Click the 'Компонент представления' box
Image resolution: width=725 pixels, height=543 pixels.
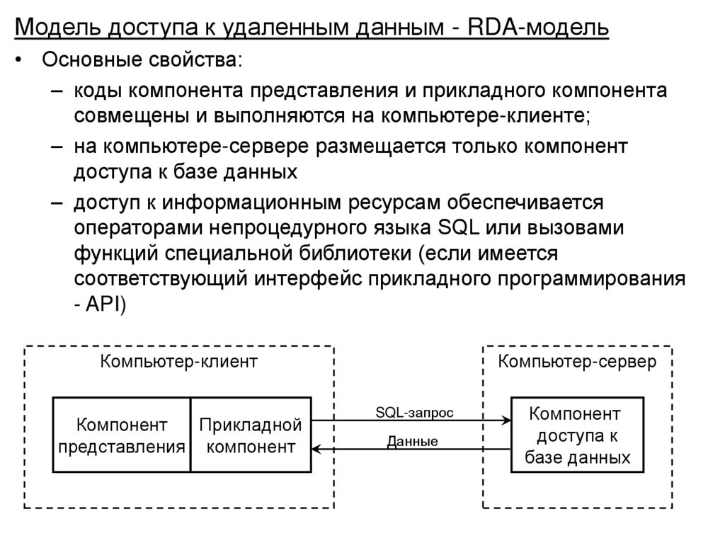click(122, 435)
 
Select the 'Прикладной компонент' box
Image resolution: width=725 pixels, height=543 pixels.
click(251, 435)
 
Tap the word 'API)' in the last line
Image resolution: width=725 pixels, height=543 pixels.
click(105, 304)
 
